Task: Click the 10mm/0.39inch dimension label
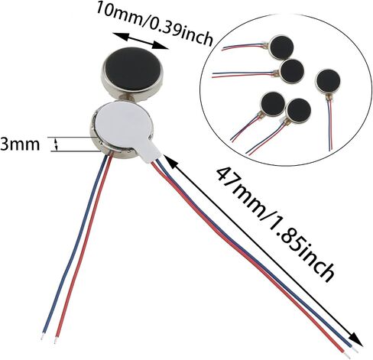(154, 24)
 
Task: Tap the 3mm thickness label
(20, 144)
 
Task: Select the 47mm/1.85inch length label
(274, 223)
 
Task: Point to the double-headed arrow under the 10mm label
(141, 41)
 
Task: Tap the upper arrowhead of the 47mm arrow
(171, 162)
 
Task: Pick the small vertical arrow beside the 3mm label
(57, 144)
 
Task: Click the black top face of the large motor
(132, 69)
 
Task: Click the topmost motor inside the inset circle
(281, 47)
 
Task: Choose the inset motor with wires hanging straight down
(328, 82)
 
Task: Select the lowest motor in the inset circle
(299, 111)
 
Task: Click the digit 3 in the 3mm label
(5, 144)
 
